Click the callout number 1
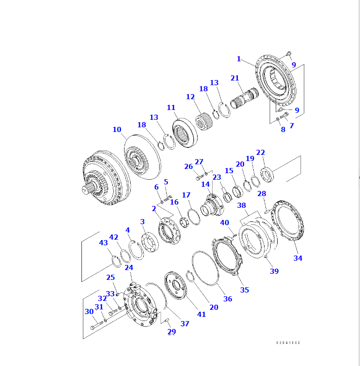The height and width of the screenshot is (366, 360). point(239,59)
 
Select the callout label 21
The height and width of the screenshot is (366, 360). point(235,78)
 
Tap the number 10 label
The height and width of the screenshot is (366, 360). point(117,129)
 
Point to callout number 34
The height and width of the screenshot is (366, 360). point(298,258)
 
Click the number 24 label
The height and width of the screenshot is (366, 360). point(128,268)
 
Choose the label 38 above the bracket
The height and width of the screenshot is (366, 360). point(242,205)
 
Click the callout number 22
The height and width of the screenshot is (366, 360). point(260,152)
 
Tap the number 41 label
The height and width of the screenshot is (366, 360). point(201,314)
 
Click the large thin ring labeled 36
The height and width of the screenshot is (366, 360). point(205,268)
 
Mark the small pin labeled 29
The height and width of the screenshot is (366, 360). point(167,320)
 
